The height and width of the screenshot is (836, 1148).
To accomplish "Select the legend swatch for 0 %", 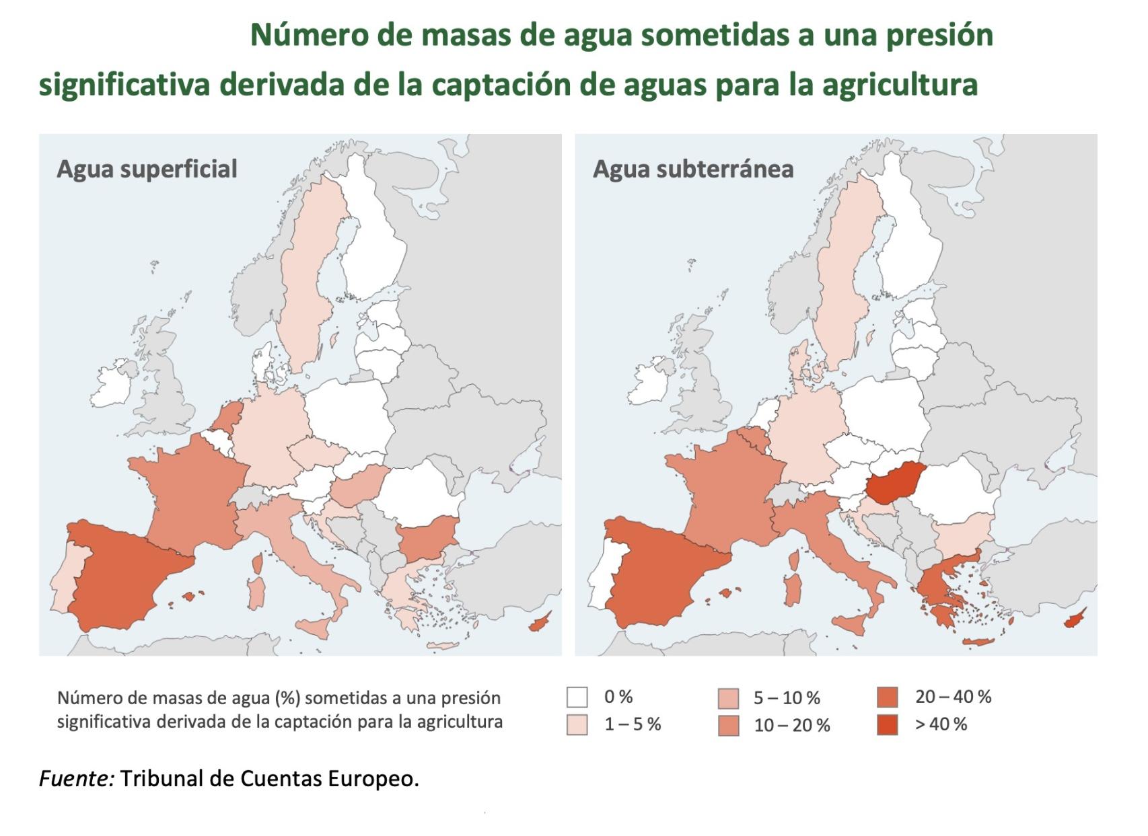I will coord(577,697).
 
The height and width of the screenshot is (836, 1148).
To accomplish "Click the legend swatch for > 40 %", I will coord(888,724).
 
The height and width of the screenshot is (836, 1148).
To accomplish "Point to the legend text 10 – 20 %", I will coord(791,725).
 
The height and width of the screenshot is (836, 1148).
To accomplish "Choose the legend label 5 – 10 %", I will coord(786,697).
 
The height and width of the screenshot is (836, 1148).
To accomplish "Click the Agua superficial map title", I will coord(147,168).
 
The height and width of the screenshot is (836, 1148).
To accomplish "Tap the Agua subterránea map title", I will coord(692,168).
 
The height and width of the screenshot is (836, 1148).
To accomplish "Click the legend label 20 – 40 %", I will coord(953,697).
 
